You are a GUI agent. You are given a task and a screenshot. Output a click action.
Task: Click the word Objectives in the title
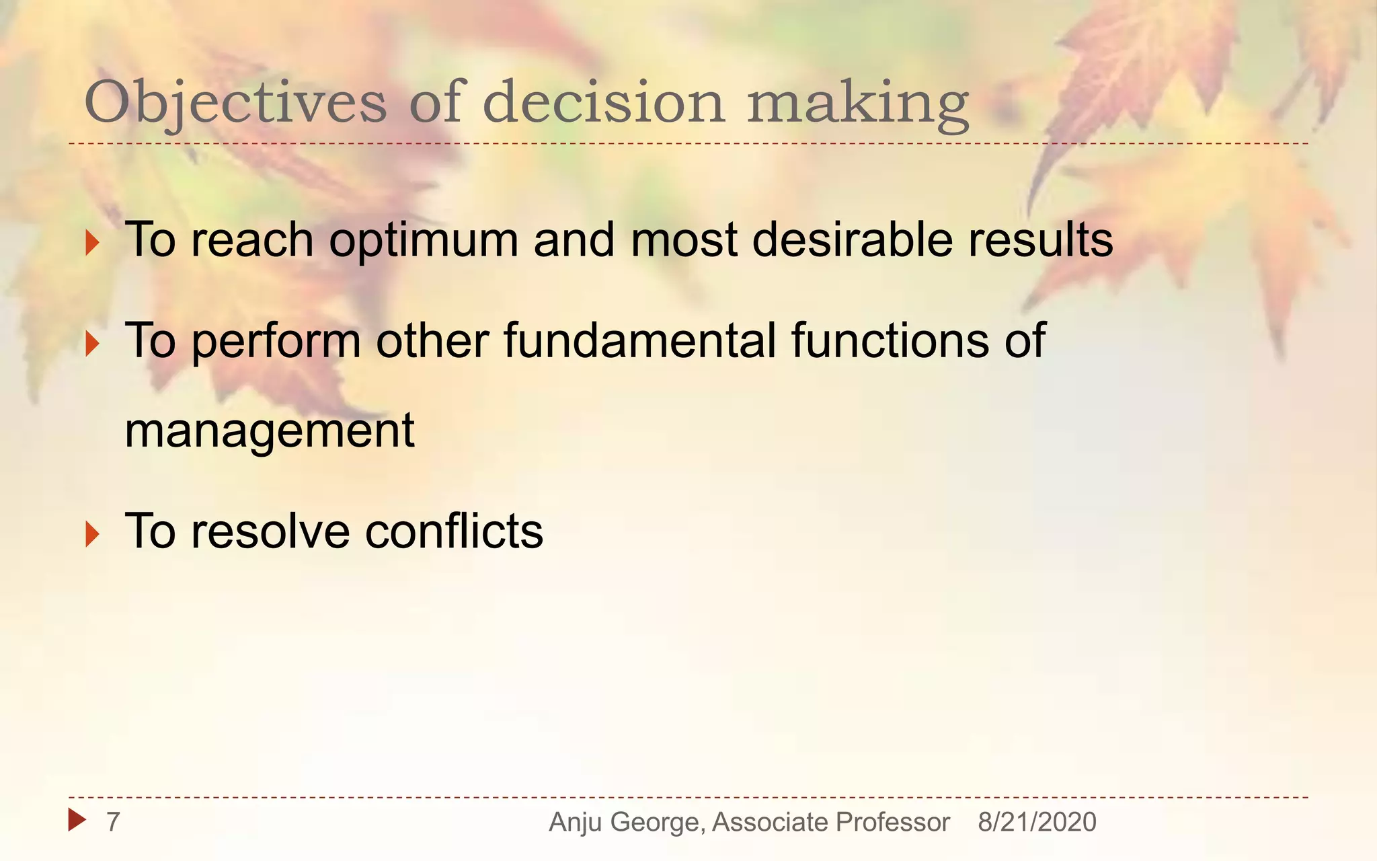(x=235, y=102)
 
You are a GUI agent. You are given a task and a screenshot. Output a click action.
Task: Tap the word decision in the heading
(x=604, y=102)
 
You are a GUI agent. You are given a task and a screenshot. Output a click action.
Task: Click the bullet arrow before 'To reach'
(x=93, y=242)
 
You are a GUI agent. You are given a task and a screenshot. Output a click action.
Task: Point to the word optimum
(x=424, y=241)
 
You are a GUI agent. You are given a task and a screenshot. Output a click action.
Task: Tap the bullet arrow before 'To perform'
(x=93, y=344)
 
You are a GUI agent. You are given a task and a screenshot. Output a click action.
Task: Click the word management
(x=270, y=432)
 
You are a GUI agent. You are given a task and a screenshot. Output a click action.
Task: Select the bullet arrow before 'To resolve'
(x=93, y=535)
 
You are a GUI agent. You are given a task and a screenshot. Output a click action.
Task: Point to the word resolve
(x=270, y=531)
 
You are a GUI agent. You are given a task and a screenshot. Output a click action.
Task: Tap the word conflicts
(x=454, y=531)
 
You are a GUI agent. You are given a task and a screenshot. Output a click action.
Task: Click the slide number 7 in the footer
(x=113, y=821)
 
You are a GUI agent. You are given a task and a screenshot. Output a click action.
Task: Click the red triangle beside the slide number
(x=77, y=820)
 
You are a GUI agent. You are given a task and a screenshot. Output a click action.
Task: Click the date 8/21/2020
(x=1037, y=822)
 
